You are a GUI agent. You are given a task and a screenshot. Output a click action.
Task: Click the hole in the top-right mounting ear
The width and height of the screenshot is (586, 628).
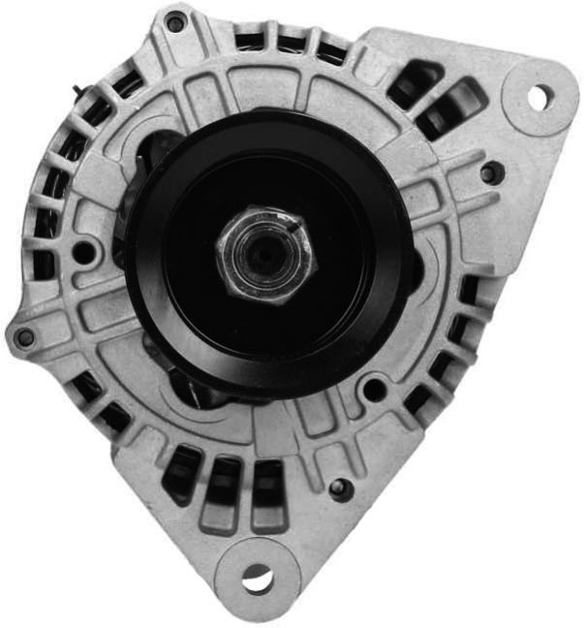pos(540,97)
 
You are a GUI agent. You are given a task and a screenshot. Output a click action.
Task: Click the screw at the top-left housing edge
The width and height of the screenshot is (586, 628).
pos(175,21)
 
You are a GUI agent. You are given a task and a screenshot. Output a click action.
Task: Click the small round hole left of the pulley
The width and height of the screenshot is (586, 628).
pos(85,253)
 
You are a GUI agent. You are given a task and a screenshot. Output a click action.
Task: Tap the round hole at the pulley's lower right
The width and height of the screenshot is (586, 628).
pos(373,392)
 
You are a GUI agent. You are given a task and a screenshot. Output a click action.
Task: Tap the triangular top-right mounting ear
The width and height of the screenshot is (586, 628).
pos(504,107)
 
